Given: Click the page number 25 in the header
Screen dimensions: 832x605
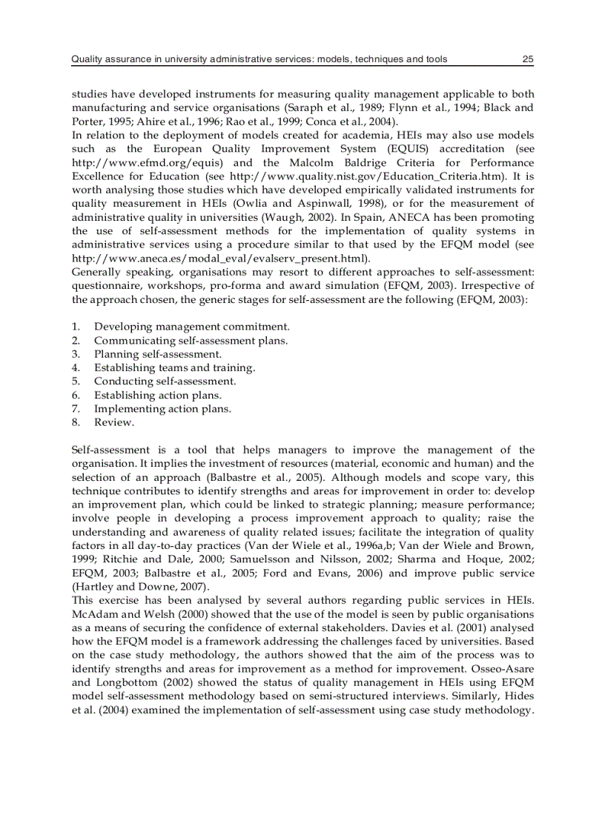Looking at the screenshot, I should tap(527, 59).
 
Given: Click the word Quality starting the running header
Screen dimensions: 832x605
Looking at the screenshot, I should tap(87, 59).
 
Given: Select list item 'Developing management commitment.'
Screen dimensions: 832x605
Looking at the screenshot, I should tap(191, 326).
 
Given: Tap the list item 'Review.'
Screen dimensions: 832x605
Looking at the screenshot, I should tap(113, 422).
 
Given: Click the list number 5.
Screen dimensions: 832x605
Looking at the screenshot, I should tap(76, 382).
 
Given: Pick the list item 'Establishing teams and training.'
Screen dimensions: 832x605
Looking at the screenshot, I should tap(174, 367).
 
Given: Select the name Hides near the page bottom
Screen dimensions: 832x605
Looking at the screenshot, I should tap(520, 696).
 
